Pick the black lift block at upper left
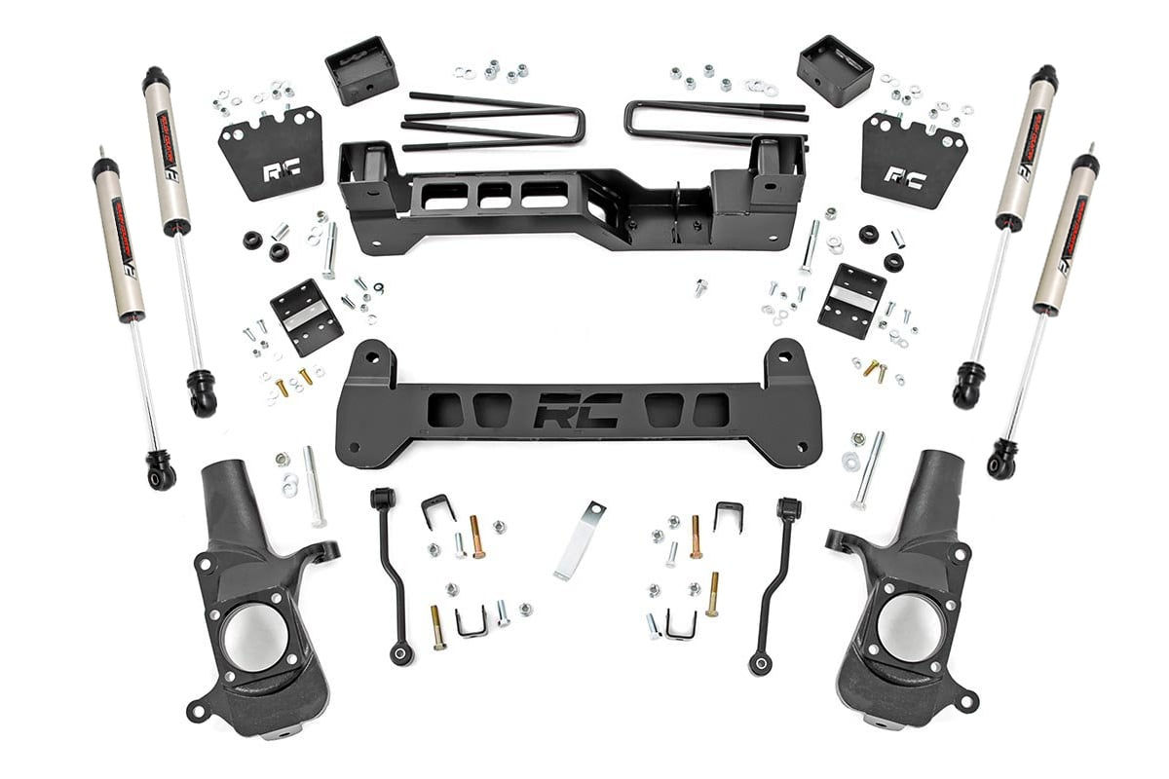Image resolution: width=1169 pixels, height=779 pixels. [x=361, y=70]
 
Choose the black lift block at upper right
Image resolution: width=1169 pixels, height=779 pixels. [x=834, y=70]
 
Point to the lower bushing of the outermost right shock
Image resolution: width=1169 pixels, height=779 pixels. [x=1002, y=462]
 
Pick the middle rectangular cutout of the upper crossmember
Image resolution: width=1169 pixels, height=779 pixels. [x=494, y=194]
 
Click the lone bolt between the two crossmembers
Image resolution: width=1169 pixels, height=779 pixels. [x=698, y=287]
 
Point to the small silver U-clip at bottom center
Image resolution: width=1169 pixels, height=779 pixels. [x=471, y=622]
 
